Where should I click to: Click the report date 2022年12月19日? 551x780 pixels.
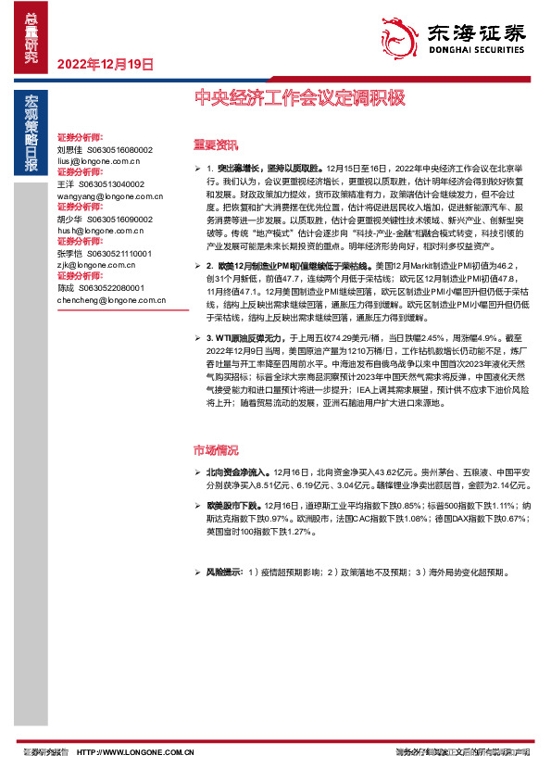point(105,64)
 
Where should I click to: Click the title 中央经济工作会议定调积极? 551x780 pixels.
point(300,96)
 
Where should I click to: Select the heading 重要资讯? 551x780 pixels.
point(215,144)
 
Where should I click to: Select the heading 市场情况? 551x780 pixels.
point(215,450)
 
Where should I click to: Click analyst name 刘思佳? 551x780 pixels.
point(69,149)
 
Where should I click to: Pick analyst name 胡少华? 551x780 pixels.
point(69,220)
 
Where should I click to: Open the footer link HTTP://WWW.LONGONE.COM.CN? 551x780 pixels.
point(135,752)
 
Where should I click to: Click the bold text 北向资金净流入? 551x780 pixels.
point(240,472)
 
